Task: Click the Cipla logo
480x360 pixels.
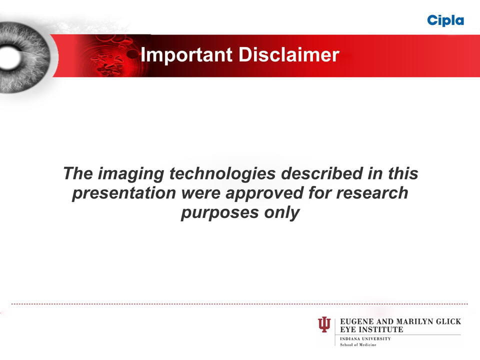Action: (x=445, y=21)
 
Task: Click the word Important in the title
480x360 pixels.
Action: (x=186, y=55)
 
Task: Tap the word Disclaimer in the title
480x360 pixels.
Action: (x=288, y=55)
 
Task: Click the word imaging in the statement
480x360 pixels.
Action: (x=131, y=174)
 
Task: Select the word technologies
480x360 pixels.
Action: (x=222, y=174)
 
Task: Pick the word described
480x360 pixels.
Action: (x=321, y=173)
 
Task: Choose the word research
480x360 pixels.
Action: (x=372, y=193)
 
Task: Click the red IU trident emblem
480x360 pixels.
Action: (x=324, y=324)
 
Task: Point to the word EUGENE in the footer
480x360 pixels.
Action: (x=357, y=321)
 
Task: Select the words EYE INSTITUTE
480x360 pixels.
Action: (x=371, y=329)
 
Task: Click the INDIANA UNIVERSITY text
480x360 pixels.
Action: (x=365, y=339)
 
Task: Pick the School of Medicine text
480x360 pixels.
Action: (x=358, y=344)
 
